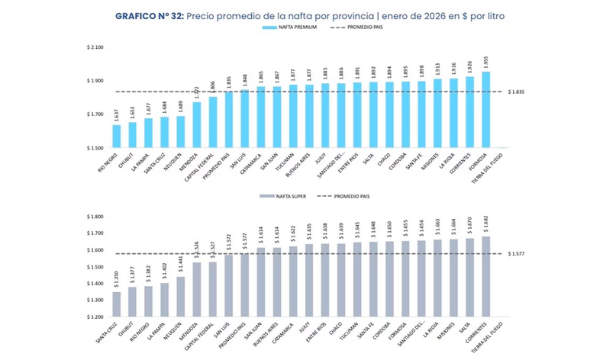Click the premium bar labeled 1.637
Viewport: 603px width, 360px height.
[116, 137]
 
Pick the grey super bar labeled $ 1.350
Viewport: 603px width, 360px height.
[116, 304]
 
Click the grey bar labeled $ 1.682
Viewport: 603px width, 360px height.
[485, 276]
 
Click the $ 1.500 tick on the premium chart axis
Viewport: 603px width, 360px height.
[95, 148]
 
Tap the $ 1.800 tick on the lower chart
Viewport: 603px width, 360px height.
[95, 217]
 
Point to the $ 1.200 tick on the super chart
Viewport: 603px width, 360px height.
[95, 317]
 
